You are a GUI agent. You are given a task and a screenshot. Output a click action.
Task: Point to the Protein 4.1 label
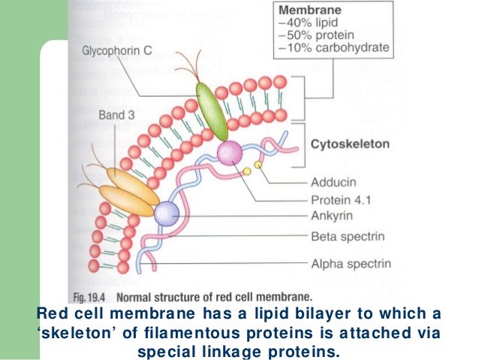point(341,200)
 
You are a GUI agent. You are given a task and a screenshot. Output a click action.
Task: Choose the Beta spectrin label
point(348,237)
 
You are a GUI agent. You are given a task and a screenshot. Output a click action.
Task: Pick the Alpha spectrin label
point(349,263)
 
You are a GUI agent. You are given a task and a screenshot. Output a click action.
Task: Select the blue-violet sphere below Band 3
point(166,213)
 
